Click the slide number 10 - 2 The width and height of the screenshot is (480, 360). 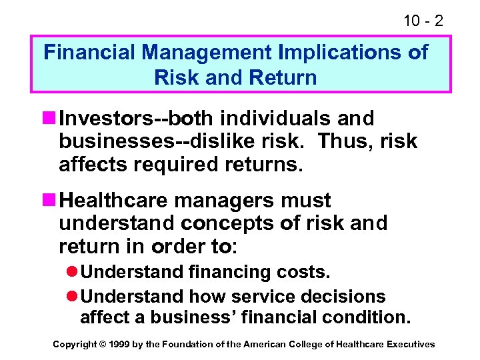tap(423, 20)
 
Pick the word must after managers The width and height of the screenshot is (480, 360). tap(307, 201)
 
